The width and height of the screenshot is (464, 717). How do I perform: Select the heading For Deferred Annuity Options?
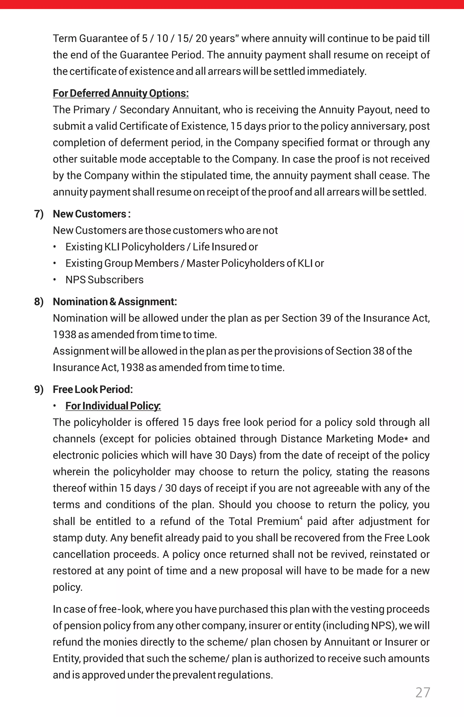pos(121,93)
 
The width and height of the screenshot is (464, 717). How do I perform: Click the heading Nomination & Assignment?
pos(115,302)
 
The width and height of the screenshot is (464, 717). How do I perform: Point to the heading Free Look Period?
pos(93,389)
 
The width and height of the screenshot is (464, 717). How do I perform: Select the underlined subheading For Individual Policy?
pos(113,406)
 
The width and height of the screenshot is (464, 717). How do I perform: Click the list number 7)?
pos(39,214)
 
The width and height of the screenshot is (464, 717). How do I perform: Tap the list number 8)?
pos(39,302)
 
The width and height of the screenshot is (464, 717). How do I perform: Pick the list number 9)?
pos(39,389)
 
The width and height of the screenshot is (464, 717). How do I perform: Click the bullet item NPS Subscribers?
pos(104,280)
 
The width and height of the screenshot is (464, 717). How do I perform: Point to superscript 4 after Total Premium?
pos(301,518)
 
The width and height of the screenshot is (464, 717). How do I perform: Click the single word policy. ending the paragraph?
pos(68,587)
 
